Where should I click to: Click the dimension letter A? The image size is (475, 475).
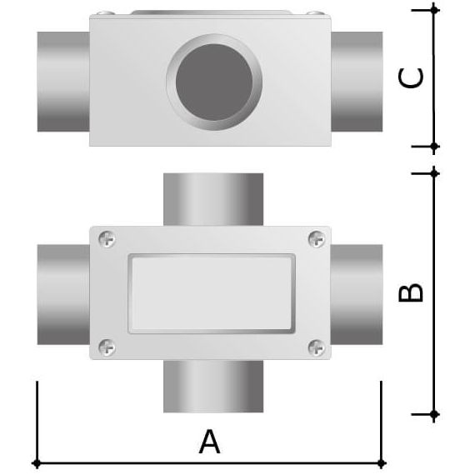(209, 442)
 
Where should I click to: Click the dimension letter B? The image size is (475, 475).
(411, 292)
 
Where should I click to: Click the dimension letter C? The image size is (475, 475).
(411, 78)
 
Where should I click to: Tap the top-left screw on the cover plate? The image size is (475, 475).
(107, 239)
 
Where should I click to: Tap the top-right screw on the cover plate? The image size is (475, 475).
(317, 238)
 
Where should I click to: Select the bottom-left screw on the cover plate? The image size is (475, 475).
(107, 347)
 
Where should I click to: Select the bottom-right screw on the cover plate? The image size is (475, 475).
(317, 347)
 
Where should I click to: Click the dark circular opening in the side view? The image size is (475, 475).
(214, 82)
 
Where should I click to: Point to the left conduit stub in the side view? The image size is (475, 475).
(63, 82)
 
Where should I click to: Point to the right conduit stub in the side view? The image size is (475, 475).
(357, 82)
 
